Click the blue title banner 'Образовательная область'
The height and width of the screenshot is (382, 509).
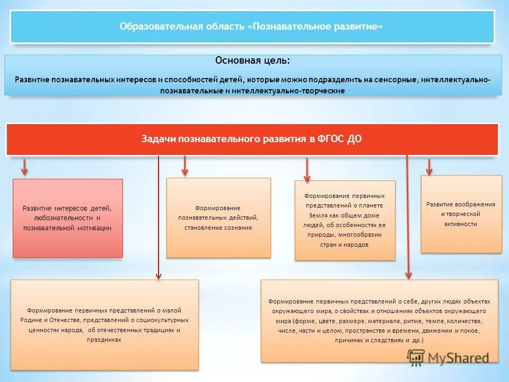pyautogui.click(x=251, y=27)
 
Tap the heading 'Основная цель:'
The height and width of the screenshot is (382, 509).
pyautogui.click(x=252, y=60)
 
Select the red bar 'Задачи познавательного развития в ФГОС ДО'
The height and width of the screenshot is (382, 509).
pyautogui.click(x=252, y=139)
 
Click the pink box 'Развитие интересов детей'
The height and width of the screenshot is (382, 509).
pyautogui.click(x=67, y=218)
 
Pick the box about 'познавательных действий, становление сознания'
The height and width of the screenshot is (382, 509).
pyautogui.click(x=218, y=218)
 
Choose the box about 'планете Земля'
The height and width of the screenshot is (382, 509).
pyautogui.click(x=345, y=220)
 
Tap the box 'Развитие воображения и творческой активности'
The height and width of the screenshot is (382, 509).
pyautogui.click(x=461, y=214)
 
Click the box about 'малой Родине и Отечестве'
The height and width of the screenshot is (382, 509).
pyautogui.click(x=104, y=325)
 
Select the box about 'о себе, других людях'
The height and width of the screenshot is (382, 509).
pyautogui.click(x=379, y=320)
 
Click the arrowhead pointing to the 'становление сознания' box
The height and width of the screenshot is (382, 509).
pyautogui.click(x=185, y=170)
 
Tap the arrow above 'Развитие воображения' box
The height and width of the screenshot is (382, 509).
pyautogui.click(x=429, y=169)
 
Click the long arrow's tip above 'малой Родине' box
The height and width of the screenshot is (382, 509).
pyautogui.click(x=158, y=274)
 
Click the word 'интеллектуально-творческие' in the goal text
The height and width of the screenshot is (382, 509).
pyautogui.click(x=300, y=91)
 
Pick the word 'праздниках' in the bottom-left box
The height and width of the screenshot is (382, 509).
pyautogui.click(x=105, y=340)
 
